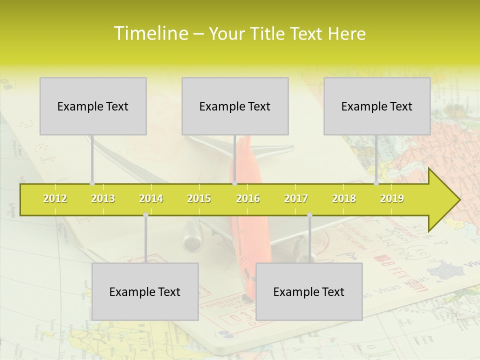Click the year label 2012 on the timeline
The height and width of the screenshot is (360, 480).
[x=55, y=199]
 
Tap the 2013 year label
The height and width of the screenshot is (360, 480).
[x=103, y=199]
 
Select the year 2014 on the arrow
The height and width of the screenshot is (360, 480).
[x=151, y=199]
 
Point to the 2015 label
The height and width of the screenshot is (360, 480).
[x=199, y=199]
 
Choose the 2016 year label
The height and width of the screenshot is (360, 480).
[x=248, y=199]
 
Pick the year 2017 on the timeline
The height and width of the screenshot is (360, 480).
[x=296, y=199]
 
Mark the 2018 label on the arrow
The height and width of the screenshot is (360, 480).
[x=344, y=199]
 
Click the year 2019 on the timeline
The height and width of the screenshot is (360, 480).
[x=392, y=199]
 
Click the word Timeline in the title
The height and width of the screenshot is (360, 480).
[x=149, y=33]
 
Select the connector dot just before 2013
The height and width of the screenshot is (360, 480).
[x=92, y=183]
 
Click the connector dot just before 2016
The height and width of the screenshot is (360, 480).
[x=234, y=183]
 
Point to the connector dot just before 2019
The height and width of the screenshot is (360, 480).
[x=376, y=183]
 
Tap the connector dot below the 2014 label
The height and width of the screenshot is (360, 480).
[x=145, y=215]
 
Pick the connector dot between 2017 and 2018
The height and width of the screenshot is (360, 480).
[x=309, y=215]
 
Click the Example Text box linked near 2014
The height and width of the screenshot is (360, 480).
[x=145, y=291]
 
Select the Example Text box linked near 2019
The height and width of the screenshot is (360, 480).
[x=377, y=106]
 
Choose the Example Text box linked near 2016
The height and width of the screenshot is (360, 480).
[x=235, y=106]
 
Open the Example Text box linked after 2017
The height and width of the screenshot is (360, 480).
[x=309, y=291]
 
